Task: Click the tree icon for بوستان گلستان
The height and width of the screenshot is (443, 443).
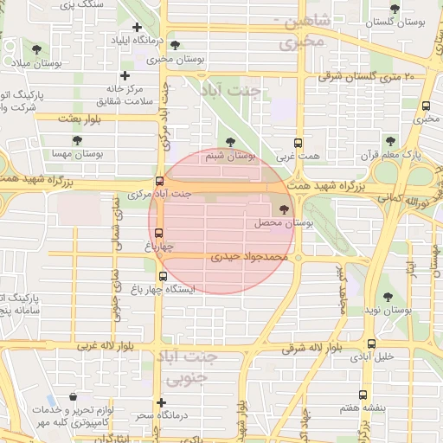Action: (x=395, y=9)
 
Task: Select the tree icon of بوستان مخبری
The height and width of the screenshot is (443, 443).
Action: (x=176, y=46)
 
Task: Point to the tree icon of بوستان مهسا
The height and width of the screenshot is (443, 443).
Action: (x=77, y=139)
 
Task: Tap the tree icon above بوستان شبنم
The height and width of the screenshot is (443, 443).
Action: (x=229, y=143)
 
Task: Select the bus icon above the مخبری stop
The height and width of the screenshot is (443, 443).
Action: (x=426, y=106)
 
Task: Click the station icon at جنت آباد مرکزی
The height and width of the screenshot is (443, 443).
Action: (x=158, y=182)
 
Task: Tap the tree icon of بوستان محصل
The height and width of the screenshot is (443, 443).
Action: (x=284, y=209)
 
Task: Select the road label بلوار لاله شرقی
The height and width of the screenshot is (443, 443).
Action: (x=312, y=349)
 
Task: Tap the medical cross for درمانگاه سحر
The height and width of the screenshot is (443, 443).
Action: (x=161, y=402)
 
